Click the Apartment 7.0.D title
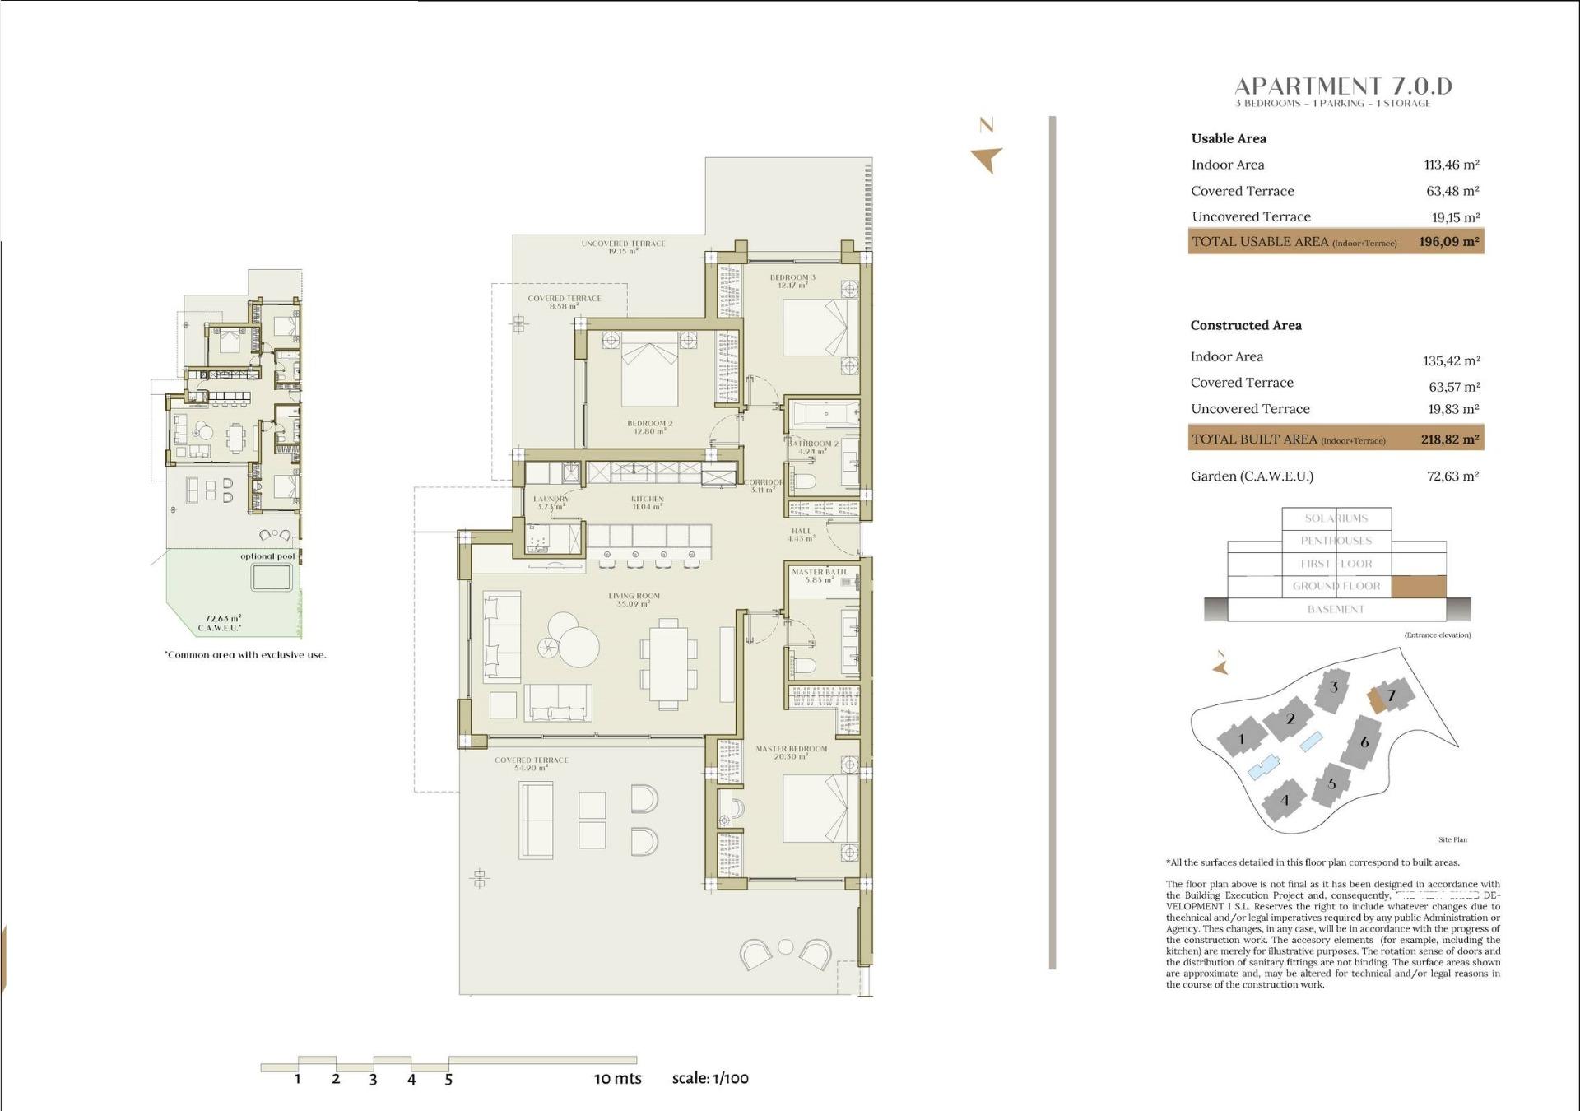click(1343, 86)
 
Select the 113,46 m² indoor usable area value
click(1452, 165)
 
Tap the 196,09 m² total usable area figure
click(1448, 242)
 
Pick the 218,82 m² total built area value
click(1449, 439)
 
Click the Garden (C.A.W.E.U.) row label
click(1252, 476)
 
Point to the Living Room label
click(634, 599)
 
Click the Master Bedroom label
click(791, 752)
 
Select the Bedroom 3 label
click(792, 281)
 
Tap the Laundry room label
click(551, 502)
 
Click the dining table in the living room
click(668, 664)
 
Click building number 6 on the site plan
click(1364, 742)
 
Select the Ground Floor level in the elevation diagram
click(1336, 586)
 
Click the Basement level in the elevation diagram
click(1336, 609)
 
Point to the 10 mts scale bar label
click(617, 1079)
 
